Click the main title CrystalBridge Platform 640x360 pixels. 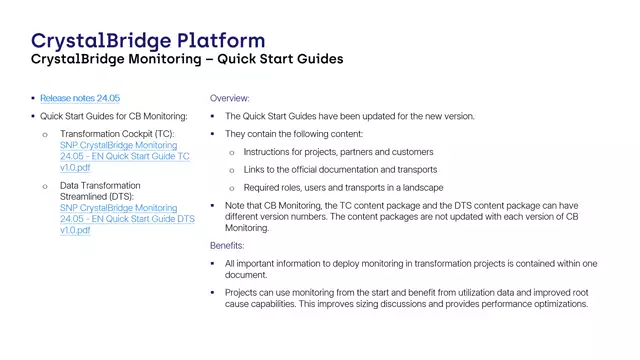(148, 40)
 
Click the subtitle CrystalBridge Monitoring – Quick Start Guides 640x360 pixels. (187, 60)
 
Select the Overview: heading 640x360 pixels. (230, 99)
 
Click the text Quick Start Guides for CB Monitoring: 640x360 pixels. (113, 116)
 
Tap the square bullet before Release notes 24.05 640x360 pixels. (33, 99)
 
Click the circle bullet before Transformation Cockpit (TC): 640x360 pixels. (44, 134)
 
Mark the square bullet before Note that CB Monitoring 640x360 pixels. (214, 204)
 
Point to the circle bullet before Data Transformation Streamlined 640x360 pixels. (44, 186)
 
